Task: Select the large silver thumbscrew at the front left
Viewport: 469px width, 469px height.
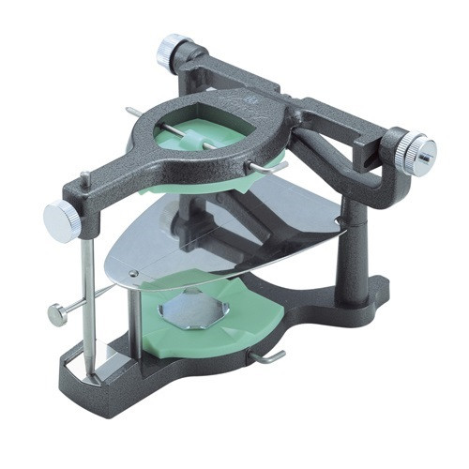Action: coord(62,221)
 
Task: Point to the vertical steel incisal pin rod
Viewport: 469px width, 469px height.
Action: coord(86,300)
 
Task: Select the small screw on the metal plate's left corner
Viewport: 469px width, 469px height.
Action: coord(133,273)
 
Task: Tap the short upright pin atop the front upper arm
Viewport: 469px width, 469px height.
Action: coord(84,180)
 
